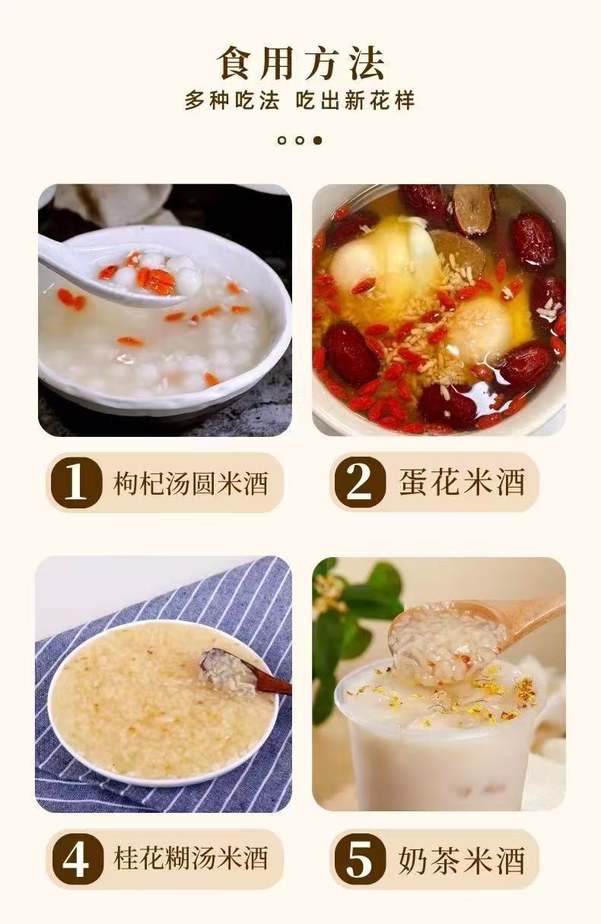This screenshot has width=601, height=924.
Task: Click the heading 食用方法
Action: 300,63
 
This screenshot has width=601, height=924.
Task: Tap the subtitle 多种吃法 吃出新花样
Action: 300,100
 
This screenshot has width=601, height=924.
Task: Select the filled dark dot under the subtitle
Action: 317,141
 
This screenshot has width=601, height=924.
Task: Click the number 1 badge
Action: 76,483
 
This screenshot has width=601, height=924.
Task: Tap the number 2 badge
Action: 360,483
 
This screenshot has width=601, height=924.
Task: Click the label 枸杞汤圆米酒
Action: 191,483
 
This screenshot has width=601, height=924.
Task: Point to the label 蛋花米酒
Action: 462,483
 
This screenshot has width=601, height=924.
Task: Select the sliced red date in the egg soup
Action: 474,210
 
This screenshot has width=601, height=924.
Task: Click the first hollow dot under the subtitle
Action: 282,141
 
